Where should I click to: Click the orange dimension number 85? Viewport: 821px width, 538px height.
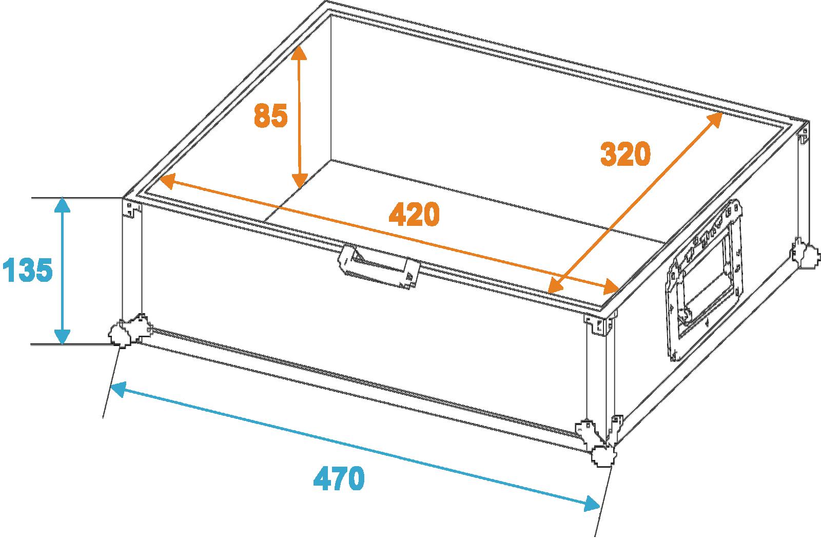click(271, 115)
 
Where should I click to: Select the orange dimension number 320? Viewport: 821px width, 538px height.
click(625, 153)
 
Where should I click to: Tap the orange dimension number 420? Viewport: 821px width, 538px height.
click(414, 214)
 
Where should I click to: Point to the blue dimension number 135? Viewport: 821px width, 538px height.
click(28, 270)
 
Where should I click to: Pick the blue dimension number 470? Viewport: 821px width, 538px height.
click(339, 478)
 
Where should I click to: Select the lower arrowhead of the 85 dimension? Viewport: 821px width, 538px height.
click(300, 180)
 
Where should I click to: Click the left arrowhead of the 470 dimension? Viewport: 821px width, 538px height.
click(119, 389)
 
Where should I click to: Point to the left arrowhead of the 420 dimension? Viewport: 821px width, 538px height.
click(167, 182)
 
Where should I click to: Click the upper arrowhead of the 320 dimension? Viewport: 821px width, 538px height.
click(714, 120)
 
